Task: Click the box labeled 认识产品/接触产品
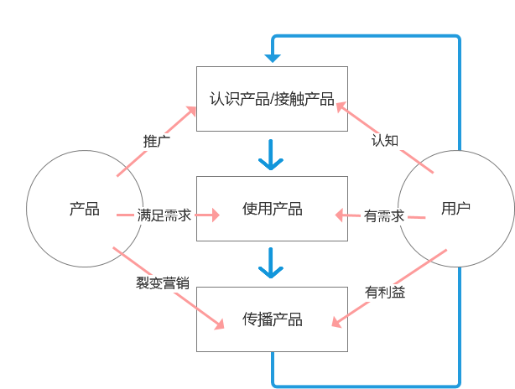click(271, 98)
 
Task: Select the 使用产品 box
click(271, 209)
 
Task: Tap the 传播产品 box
click(271, 319)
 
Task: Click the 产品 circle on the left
click(84, 209)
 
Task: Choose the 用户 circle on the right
click(455, 209)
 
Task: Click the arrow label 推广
click(157, 141)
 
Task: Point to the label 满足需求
click(164, 215)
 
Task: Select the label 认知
click(385, 140)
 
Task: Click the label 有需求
click(385, 215)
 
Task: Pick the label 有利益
click(385, 292)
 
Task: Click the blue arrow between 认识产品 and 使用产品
click(271, 155)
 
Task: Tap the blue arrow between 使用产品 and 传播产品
click(271, 263)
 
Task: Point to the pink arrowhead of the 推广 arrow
click(191, 110)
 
